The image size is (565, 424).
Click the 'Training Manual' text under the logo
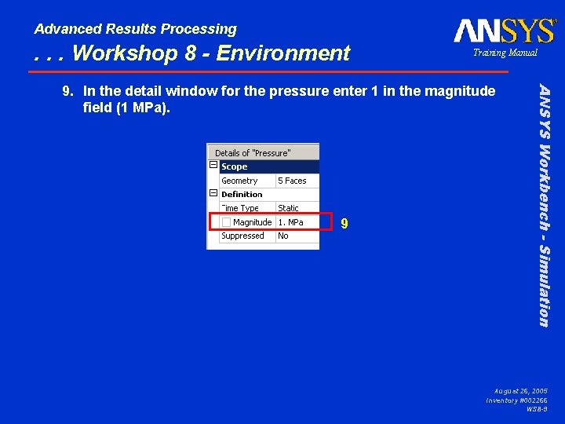504,53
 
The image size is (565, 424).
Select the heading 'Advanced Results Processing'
135,29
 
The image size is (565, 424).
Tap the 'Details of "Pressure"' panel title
253,153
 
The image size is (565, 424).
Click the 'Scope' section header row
267,166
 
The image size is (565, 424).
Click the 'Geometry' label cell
239,181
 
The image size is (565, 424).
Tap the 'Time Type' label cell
240,208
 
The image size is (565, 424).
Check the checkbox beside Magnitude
226,222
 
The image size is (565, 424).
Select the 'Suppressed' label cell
242,236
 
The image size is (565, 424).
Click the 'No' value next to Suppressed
283,236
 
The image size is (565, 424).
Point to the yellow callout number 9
344,224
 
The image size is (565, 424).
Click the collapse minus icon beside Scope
213,166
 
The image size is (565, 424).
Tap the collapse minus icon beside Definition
213,193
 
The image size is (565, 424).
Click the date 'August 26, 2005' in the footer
521,390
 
